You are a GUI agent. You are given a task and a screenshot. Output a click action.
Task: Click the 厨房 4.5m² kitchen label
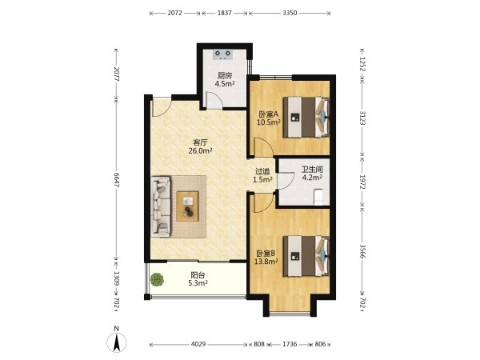coord(225,79)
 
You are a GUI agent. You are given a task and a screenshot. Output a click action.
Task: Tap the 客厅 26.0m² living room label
coord(201,146)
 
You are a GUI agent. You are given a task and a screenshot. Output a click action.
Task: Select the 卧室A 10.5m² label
coord(269,118)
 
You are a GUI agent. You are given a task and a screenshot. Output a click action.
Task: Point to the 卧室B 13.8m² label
coord(266,258)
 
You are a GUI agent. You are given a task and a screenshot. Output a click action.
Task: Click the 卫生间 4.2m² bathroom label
coord(312,174)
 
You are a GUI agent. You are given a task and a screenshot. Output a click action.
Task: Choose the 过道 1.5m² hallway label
coord(262,176)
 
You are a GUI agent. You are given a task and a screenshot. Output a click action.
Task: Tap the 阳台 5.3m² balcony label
coord(198,279)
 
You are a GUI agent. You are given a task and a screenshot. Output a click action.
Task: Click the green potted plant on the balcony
coord(157,279)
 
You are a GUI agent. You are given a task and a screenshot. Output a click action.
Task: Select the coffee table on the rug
coord(187,206)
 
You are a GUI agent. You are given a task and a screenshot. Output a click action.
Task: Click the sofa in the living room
coord(161,206)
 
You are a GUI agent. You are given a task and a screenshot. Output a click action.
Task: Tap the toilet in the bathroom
coord(319,197)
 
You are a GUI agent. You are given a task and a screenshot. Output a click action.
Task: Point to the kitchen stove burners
coord(222,54)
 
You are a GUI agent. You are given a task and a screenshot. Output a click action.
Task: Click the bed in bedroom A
coord(306,118)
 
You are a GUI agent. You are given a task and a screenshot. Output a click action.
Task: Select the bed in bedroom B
coord(306,256)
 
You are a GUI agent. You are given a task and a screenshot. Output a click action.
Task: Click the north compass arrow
coord(116,342)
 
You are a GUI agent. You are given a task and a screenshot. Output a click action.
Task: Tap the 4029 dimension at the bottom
coord(198,344)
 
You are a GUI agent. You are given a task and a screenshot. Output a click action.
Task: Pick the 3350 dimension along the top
coord(290,13)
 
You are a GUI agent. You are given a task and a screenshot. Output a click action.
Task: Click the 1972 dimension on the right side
coord(362,182)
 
